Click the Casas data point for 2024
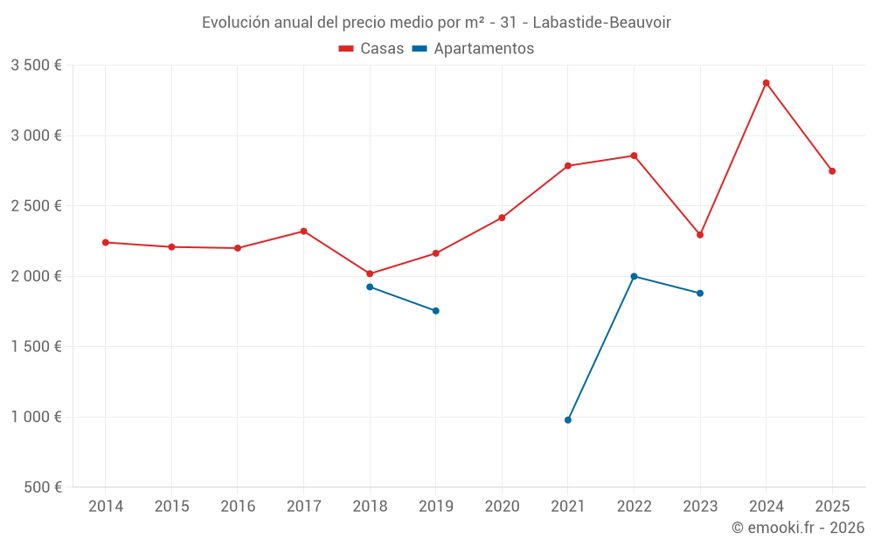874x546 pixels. [x=766, y=83]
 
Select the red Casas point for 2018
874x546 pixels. [x=370, y=273]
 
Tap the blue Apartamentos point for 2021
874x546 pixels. [x=568, y=420]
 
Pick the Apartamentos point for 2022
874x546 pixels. [x=634, y=276]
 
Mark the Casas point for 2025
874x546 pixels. [x=832, y=171]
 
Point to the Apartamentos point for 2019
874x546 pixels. [x=435, y=311]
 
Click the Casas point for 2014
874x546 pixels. [x=106, y=242]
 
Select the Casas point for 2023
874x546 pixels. [x=700, y=235]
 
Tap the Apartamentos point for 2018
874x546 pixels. [x=370, y=287]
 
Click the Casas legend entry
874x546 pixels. [x=371, y=49]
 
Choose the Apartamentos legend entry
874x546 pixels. [x=473, y=49]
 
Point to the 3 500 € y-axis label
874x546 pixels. [x=36, y=66]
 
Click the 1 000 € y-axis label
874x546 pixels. [x=36, y=417]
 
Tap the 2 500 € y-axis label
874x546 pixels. [x=36, y=206]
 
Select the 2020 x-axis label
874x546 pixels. [x=502, y=506]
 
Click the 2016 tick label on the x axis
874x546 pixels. [x=238, y=506]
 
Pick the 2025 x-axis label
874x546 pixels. [x=832, y=506]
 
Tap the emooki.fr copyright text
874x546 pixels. [x=798, y=528]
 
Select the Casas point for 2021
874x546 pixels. [x=568, y=166]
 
